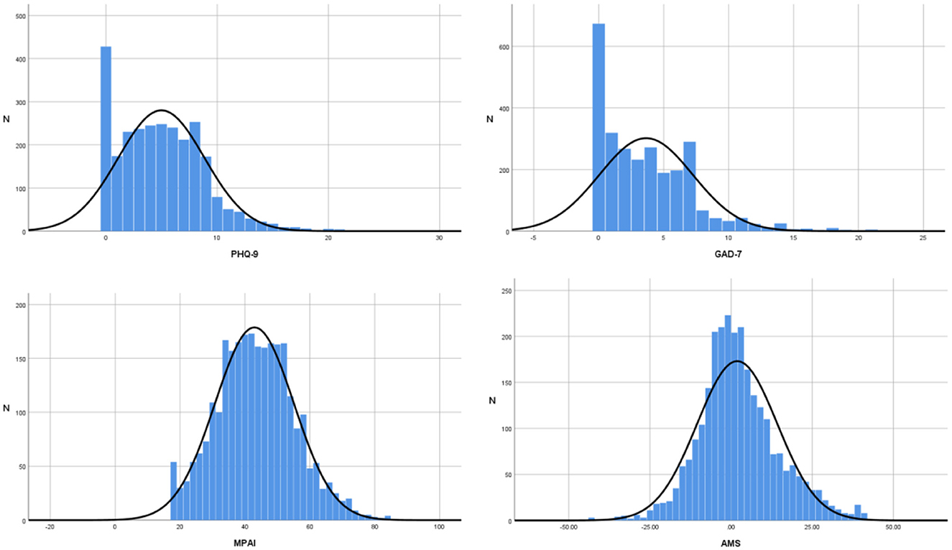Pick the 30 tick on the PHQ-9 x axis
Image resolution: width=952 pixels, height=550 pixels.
440,238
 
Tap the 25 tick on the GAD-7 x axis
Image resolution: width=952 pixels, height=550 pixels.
923,238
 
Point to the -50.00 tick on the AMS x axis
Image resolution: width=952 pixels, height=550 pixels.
568,527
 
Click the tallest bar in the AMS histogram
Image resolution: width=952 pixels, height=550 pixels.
728,416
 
